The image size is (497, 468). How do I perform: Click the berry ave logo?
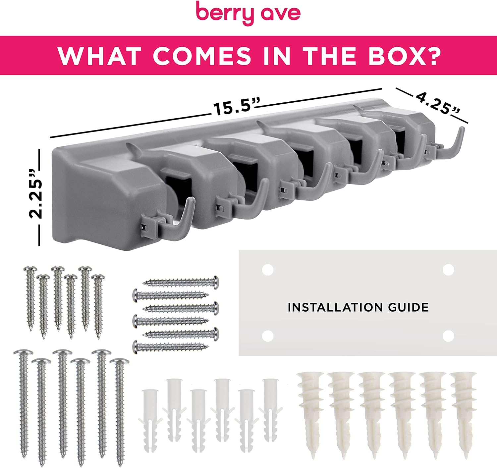(x=248, y=13)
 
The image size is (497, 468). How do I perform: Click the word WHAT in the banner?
(x=100, y=55)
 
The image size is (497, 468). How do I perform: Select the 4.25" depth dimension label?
(x=438, y=103)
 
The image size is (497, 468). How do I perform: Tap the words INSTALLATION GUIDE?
(x=358, y=307)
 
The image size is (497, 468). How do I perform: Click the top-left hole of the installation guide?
(x=267, y=270)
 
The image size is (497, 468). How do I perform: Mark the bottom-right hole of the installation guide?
(x=448, y=336)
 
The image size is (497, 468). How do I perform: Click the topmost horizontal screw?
(x=181, y=282)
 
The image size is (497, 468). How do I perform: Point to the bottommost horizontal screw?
(x=171, y=347)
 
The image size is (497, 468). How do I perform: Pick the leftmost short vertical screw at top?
(x=30, y=299)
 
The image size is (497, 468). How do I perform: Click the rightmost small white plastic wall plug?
(x=270, y=413)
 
